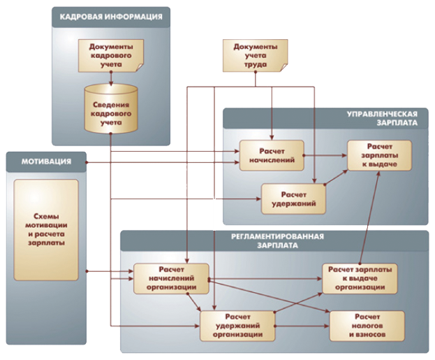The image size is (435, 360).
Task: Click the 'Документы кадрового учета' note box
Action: [111, 55]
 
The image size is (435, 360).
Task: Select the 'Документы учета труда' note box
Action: [256, 55]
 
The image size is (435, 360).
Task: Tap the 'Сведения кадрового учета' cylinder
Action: [111, 108]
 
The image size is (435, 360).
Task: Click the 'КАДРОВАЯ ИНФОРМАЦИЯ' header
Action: [111, 17]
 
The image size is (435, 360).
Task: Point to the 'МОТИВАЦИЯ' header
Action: [46, 161]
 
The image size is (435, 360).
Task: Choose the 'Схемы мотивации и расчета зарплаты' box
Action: [46, 230]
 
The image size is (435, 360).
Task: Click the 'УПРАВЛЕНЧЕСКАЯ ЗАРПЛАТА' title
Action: [383, 118]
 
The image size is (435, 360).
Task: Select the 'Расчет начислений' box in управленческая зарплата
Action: [272, 156]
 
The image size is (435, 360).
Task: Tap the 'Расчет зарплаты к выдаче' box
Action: [380, 155]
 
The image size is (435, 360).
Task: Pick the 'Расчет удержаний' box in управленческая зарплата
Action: [293, 199]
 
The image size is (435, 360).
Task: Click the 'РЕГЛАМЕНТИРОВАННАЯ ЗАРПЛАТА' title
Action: [277, 241]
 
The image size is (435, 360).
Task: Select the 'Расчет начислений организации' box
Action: [171, 279]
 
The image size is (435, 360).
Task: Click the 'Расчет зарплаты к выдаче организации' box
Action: [360, 278]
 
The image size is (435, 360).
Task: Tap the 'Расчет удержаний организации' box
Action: [237, 326]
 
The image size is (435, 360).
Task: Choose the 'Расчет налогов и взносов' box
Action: [367, 326]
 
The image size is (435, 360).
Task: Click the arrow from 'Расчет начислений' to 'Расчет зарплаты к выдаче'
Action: [325, 156]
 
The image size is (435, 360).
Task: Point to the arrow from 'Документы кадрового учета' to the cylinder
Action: [111, 78]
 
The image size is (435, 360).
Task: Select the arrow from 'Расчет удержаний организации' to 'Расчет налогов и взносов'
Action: [302, 326]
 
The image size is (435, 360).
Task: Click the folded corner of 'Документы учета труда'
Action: [283, 69]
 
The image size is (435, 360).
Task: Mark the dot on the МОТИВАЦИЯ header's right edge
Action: [87, 162]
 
